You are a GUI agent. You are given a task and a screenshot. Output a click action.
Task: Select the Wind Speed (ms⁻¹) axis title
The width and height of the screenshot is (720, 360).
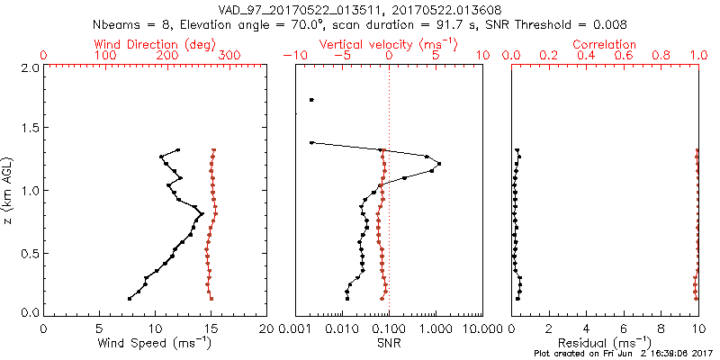click(156, 343)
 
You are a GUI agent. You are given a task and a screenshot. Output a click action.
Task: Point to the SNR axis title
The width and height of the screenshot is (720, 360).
click(389, 343)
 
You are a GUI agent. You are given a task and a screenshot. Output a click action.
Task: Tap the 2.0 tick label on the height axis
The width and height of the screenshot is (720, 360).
click(29, 67)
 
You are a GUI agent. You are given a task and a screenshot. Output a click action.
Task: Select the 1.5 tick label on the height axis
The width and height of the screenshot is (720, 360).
click(29, 129)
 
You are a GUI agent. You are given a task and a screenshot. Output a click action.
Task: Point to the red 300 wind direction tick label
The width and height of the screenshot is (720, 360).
click(229, 56)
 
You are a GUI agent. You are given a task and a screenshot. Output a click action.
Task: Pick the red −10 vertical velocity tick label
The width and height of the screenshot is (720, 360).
click(292, 56)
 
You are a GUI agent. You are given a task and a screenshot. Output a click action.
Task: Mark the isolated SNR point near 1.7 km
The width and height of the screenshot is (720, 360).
click(311, 100)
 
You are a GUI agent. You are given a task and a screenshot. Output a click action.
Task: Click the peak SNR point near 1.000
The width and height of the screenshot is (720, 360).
click(438, 163)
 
